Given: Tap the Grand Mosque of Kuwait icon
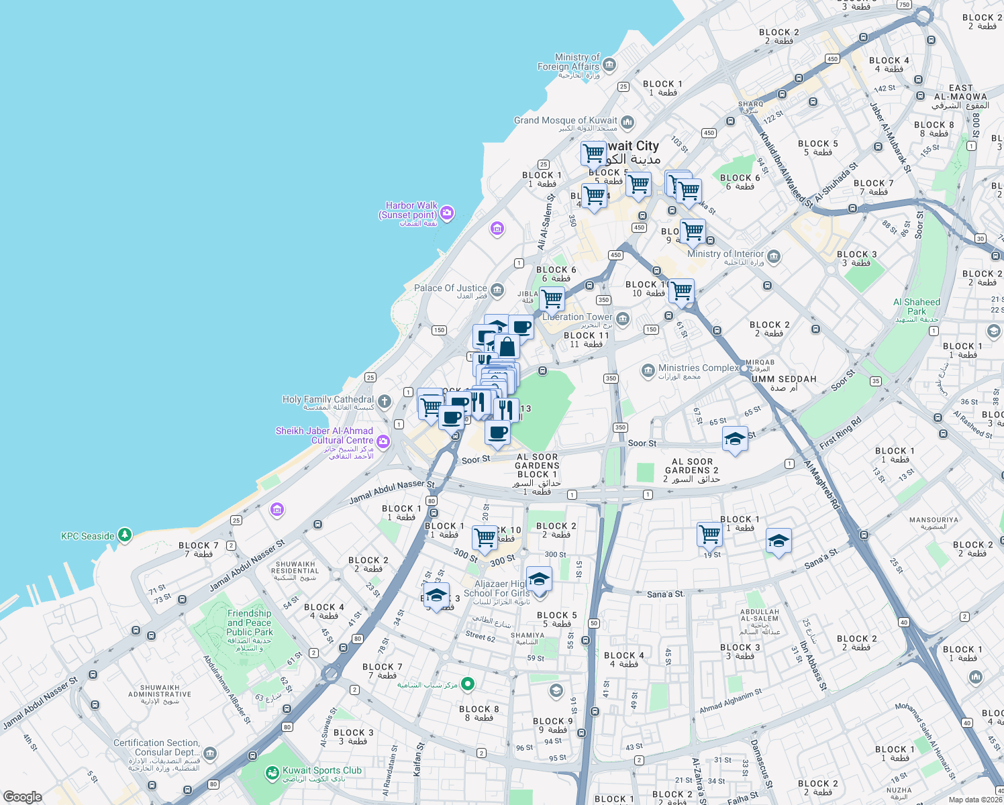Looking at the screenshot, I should point(627,122).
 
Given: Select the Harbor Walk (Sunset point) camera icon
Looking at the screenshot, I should point(447,213).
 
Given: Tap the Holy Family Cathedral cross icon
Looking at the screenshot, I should point(384,402).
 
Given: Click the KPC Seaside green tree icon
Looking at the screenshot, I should point(124,535).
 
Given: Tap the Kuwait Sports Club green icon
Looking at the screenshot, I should point(272,773).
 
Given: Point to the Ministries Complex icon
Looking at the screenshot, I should point(648,370).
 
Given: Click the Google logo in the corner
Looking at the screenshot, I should point(22,796).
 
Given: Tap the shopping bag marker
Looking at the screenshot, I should point(507,346).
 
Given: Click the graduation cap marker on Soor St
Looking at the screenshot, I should point(735,439).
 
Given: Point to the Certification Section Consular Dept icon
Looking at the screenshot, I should point(209,753).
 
